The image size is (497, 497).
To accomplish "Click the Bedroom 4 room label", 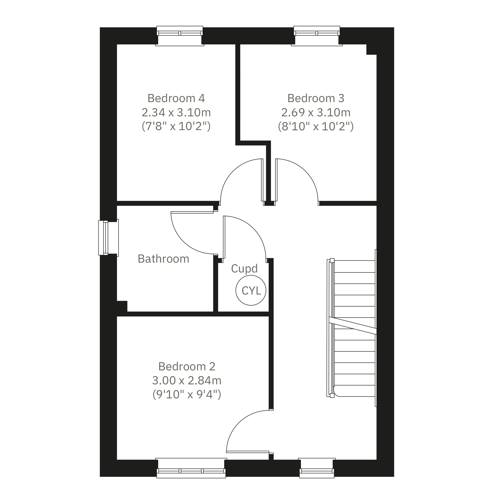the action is click(x=176, y=98).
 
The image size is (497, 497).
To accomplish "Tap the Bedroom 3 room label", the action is click(x=316, y=98).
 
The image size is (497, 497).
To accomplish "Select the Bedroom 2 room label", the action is click(x=187, y=367).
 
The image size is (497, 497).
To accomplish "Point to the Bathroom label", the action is click(x=164, y=259).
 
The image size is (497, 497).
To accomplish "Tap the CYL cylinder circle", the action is click(x=251, y=290).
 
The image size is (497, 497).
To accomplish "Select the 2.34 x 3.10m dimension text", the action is click(x=176, y=112).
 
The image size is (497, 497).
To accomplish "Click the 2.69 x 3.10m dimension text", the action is click(x=316, y=112).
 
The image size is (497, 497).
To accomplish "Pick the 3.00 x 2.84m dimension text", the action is click(x=187, y=380).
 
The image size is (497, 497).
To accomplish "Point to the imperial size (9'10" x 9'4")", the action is click(x=187, y=394).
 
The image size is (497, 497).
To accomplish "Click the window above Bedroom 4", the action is click(x=180, y=36).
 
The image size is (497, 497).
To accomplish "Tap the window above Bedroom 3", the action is click(x=317, y=36).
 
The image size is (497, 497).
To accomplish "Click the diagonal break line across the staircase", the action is click(x=353, y=326).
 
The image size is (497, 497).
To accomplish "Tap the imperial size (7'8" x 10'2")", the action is click(x=176, y=126).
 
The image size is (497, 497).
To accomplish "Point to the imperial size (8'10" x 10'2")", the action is click(x=316, y=126).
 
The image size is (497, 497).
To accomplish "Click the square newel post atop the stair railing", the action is click(x=332, y=260).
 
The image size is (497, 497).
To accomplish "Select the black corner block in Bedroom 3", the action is click(x=372, y=49).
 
